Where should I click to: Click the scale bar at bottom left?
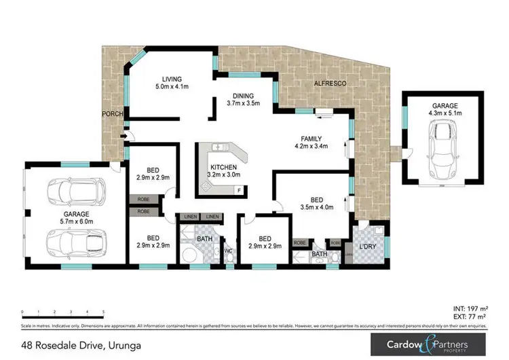63,312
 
